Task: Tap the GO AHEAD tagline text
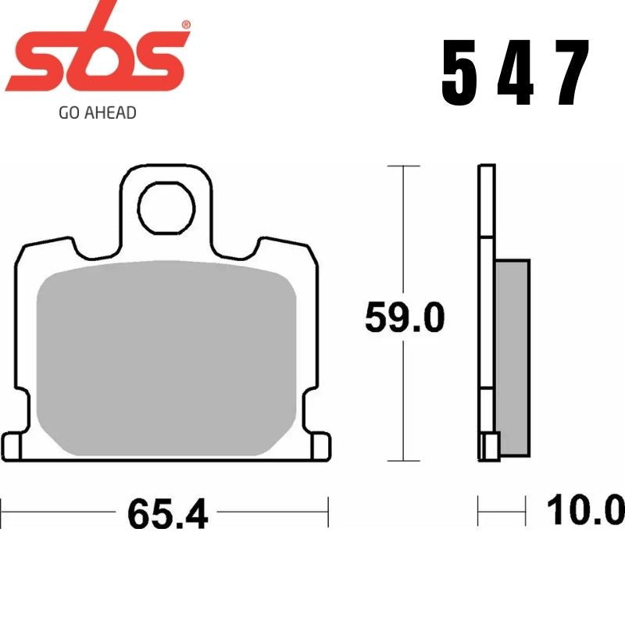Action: click(98, 112)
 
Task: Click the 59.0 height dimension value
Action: click(405, 318)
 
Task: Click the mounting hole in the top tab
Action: click(166, 207)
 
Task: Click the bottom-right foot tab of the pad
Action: click(320, 449)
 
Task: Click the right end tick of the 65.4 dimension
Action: click(329, 512)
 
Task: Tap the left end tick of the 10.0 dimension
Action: click(478, 512)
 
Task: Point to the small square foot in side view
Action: click(491, 448)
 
